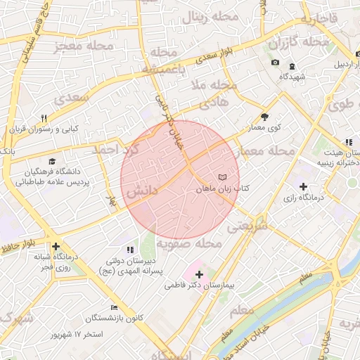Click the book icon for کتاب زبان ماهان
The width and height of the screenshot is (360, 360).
[x=223, y=178]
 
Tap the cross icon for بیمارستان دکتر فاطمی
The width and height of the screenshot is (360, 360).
[x=199, y=274]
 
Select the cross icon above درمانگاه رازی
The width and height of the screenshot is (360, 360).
[x=303, y=186]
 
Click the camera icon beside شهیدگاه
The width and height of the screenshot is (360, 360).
[x=275, y=64]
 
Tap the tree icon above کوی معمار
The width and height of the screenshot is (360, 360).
[x=264, y=117]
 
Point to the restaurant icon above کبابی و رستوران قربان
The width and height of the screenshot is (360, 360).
[x=44, y=118]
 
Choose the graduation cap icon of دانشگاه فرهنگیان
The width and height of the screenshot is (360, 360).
[x=52, y=161]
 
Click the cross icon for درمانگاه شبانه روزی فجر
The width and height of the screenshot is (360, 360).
[x=56, y=246]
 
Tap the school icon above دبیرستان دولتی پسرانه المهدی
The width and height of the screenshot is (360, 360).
[x=129, y=249]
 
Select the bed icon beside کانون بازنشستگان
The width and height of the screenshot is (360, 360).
[x=115, y=308]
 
